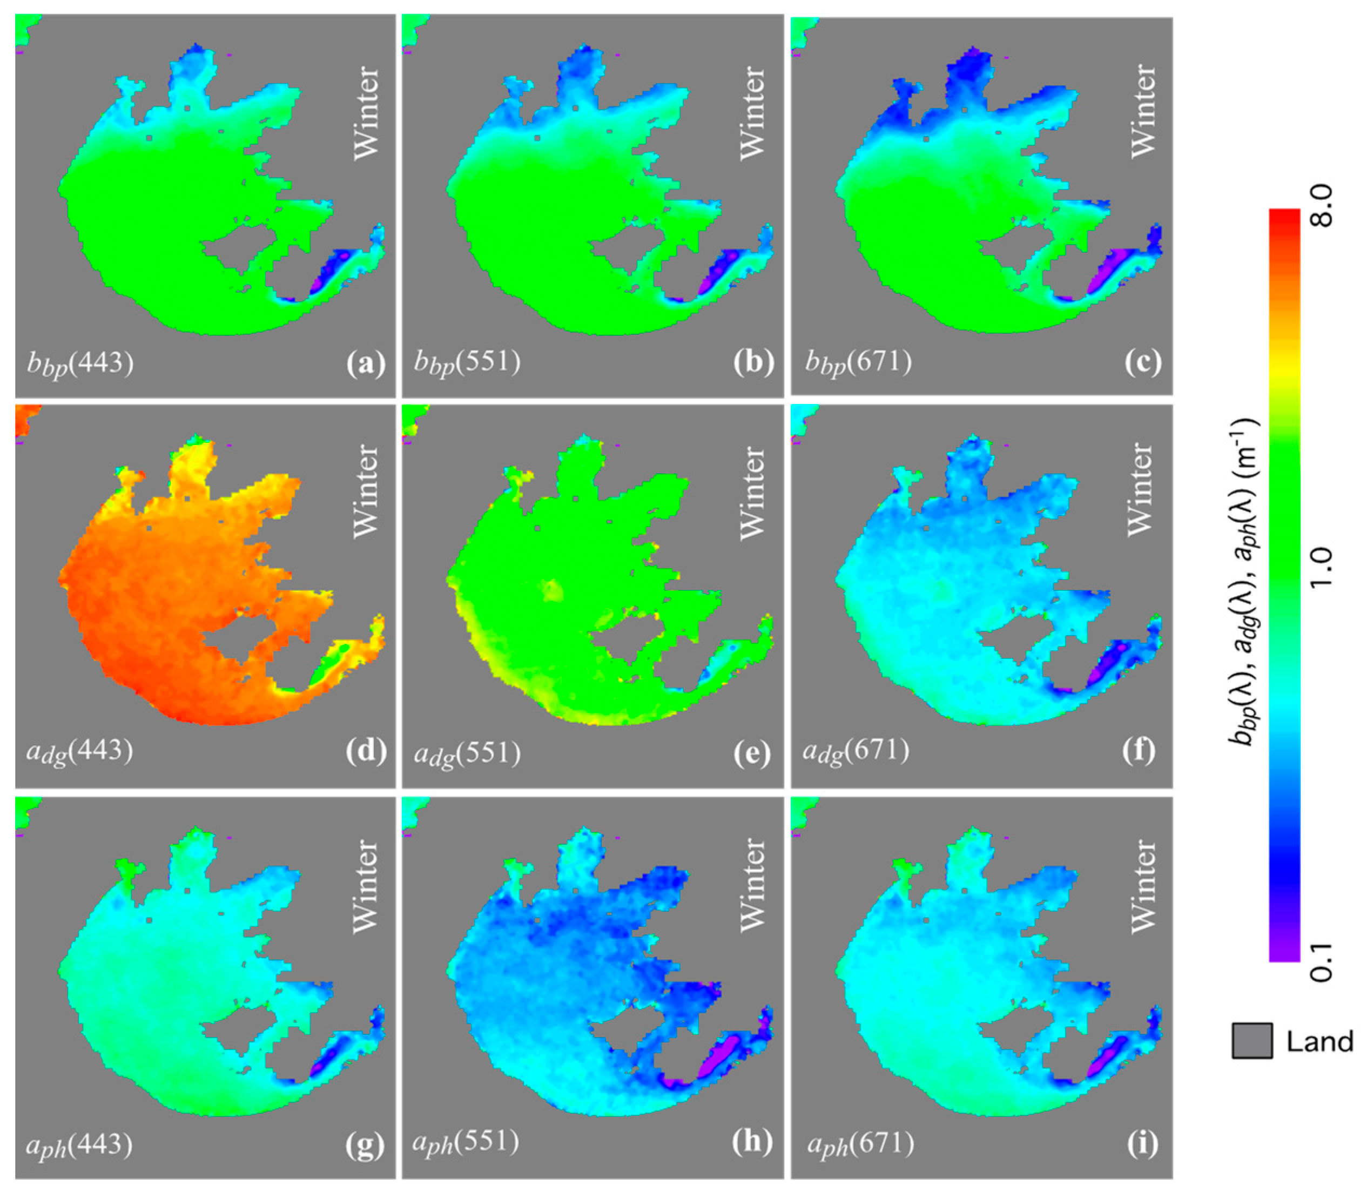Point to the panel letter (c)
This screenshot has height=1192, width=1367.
pos(1142,363)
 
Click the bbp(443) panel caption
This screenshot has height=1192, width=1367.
pos(80,365)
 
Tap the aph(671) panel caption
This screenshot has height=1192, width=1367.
pos(859,1145)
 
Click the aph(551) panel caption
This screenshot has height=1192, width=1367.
pos(466,1143)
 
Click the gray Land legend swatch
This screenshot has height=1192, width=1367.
pos(1251,1041)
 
